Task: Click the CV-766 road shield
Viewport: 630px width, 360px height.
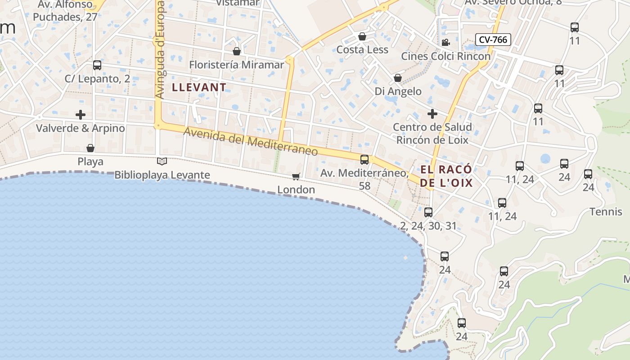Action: tap(493, 40)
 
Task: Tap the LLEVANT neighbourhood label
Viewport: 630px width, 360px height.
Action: tap(199, 87)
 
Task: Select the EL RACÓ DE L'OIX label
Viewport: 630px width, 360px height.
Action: tap(446, 176)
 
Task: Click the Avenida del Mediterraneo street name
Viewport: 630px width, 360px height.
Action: tap(251, 142)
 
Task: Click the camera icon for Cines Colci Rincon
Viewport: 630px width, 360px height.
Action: tap(445, 43)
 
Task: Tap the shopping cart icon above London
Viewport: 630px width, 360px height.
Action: tap(296, 176)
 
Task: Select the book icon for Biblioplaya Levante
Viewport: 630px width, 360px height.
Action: tap(162, 161)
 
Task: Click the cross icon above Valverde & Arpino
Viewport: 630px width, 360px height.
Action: tap(81, 115)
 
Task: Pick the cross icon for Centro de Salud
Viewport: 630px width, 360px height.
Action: tap(432, 113)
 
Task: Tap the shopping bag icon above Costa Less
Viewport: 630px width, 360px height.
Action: tap(362, 36)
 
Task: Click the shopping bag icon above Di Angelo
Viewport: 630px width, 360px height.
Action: tap(398, 78)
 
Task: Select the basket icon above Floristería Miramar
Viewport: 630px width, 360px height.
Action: tap(237, 51)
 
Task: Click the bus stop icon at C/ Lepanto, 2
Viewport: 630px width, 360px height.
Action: tap(97, 65)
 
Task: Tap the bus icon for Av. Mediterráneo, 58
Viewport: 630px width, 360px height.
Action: tap(364, 159)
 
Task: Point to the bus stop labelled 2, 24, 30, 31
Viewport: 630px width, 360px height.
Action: tap(428, 212)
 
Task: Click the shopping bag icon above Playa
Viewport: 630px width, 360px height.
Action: tap(90, 148)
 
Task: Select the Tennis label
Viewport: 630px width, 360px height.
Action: tap(606, 211)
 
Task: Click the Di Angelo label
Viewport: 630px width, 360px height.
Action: tap(398, 91)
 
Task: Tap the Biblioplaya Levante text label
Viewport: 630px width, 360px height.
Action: tap(162, 175)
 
